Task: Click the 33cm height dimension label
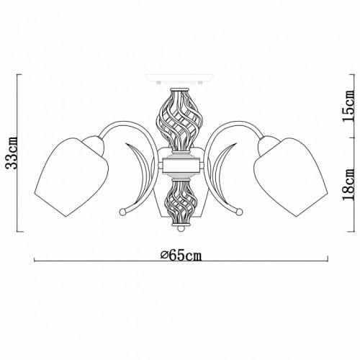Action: point(12,153)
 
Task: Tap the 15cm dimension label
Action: point(348,106)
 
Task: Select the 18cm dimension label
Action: point(348,184)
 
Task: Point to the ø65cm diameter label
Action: point(181,255)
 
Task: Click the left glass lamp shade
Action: point(71,177)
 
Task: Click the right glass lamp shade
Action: point(291,177)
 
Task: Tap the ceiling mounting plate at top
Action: point(179,78)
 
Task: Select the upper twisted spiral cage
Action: point(180,120)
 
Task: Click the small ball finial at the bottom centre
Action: point(181,228)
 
